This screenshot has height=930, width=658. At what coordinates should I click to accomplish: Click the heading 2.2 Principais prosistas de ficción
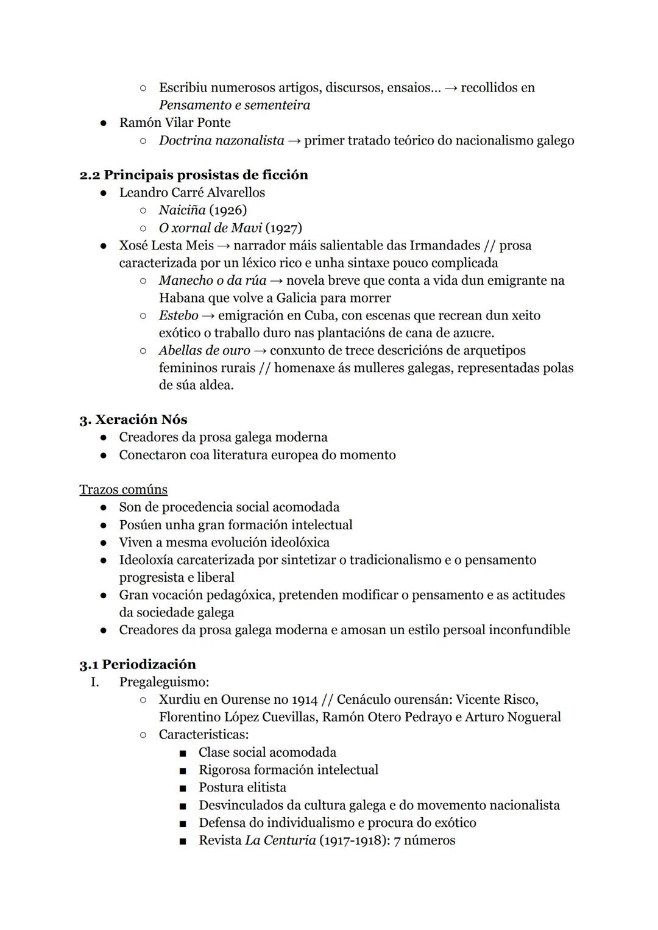194,175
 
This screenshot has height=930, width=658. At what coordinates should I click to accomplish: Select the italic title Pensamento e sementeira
235,105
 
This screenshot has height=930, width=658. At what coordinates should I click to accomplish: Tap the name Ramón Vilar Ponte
175,123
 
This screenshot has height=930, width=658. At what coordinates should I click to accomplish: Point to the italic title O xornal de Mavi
210,228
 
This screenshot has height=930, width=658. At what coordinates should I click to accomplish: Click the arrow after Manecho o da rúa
276,281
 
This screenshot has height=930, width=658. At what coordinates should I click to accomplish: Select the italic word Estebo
178,315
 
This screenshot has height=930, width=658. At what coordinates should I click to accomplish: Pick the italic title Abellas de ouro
204,351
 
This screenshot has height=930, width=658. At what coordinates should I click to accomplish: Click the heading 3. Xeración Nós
133,420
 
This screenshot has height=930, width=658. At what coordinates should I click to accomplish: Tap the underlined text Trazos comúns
123,490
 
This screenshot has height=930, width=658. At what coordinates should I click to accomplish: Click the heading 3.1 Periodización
138,665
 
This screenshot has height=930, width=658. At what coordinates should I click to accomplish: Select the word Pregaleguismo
163,682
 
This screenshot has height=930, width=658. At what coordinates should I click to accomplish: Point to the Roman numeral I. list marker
94,682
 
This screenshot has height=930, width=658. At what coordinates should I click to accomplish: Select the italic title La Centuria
280,840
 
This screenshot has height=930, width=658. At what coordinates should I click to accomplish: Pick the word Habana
181,298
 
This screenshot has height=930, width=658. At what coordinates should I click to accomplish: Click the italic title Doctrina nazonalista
221,140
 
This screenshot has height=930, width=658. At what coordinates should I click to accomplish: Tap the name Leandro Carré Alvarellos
192,193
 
